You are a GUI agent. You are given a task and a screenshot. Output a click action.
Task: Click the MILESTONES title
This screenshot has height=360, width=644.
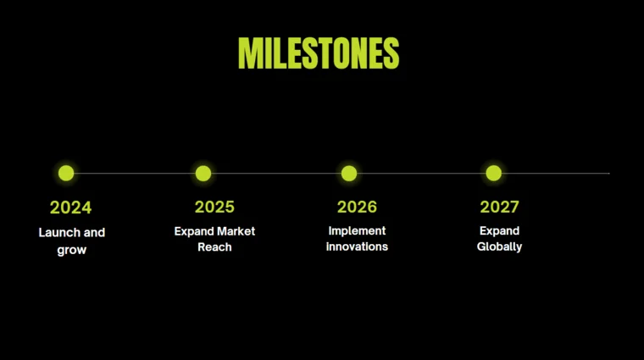click(319, 53)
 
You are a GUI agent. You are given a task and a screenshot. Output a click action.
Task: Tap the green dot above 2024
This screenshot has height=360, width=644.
click(66, 173)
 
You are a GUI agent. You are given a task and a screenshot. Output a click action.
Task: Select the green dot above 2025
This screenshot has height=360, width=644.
click(203, 173)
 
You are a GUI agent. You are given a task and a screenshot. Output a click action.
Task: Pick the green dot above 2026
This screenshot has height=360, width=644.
click(349, 173)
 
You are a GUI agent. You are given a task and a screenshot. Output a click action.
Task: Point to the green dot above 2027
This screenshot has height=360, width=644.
click(494, 173)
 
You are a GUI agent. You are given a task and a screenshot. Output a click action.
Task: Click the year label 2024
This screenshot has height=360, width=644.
click(70, 208)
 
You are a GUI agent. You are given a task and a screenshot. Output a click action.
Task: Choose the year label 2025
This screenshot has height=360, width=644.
click(214, 207)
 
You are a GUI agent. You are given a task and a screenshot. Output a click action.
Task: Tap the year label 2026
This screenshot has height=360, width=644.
click(357, 207)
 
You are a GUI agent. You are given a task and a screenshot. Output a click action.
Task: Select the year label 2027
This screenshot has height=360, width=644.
click(499, 207)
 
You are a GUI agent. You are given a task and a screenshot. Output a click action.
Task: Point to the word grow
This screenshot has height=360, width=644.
click(71, 250)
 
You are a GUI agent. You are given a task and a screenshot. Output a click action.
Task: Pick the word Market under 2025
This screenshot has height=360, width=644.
click(235, 231)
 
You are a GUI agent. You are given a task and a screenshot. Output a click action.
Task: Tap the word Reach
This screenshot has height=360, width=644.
click(214, 247)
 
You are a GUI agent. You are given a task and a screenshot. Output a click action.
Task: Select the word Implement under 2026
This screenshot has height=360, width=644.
click(357, 230)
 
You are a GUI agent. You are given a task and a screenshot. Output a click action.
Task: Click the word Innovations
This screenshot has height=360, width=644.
click(357, 246)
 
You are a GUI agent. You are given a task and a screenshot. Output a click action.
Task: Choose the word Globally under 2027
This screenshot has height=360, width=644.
click(499, 247)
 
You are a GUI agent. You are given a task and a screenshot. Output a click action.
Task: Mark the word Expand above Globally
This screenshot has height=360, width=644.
click(499, 230)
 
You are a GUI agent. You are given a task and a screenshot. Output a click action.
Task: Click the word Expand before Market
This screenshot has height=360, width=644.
click(192, 231)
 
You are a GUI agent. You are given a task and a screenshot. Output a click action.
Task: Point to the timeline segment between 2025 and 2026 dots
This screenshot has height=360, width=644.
click(276, 173)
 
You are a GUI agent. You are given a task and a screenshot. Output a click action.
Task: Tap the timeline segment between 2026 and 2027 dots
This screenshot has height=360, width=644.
click(421, 173)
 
